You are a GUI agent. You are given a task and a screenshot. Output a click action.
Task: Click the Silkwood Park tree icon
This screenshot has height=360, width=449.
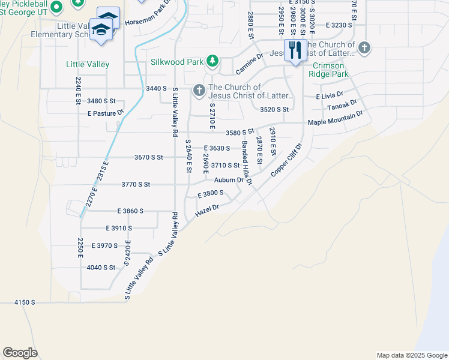pos(212,61)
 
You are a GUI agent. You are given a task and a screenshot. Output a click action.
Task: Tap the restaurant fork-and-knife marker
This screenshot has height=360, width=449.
pos(294,50)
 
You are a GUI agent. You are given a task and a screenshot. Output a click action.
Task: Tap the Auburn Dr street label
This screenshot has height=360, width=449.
pos(229,179)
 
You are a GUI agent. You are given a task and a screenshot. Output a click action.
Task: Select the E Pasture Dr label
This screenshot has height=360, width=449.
pos(105,113)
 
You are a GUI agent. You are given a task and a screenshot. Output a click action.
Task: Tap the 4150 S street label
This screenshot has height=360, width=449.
pos(25,302)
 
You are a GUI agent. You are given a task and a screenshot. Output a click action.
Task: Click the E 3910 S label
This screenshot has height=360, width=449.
pos(118,229)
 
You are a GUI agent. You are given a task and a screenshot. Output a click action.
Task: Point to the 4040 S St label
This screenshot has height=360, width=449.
pos(100,268)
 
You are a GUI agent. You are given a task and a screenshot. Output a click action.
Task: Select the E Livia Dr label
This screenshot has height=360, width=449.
pos(330,95)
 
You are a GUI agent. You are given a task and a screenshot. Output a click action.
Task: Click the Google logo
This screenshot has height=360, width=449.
pos(20,353)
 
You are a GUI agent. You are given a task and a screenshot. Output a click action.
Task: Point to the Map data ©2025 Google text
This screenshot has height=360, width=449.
pos(411,355)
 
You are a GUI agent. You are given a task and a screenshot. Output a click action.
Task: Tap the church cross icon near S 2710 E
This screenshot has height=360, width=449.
pos(199,91)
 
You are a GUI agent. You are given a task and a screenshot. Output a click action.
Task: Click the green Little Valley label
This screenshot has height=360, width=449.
pos(88,64)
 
